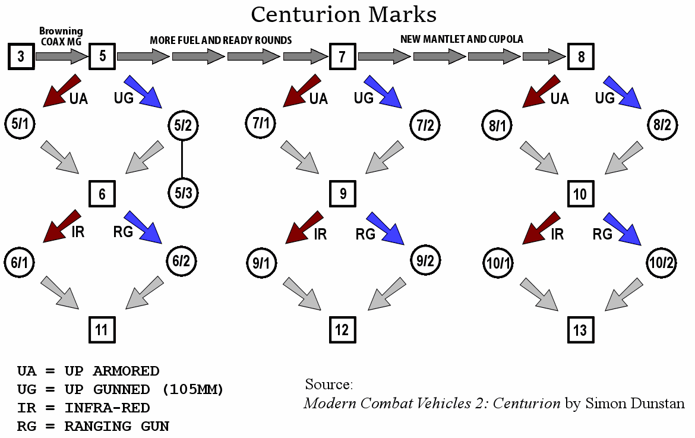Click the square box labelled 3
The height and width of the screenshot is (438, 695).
coord(21,57)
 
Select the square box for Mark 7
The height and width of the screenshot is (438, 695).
coord(342,57)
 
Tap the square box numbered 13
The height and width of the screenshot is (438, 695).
coord(580,330)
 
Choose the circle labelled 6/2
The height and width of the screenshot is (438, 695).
coord(182,261)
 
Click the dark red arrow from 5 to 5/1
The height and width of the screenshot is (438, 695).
coord(62,90)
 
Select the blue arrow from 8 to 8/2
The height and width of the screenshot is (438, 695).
coord(622,92)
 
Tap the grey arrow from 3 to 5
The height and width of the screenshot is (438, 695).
coord(61,57)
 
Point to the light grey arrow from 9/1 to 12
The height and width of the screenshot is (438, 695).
coord(302,292)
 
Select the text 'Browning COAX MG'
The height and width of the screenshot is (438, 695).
coord(61,36)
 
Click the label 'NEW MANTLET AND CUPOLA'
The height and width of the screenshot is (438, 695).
coord(462,39)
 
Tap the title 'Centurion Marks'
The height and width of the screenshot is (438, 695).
coord(343,14)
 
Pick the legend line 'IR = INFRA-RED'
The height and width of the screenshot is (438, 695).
coord(83,408)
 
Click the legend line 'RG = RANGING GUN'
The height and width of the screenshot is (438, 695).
coord(93,426)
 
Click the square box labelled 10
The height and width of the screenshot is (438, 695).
coord(580,194)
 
